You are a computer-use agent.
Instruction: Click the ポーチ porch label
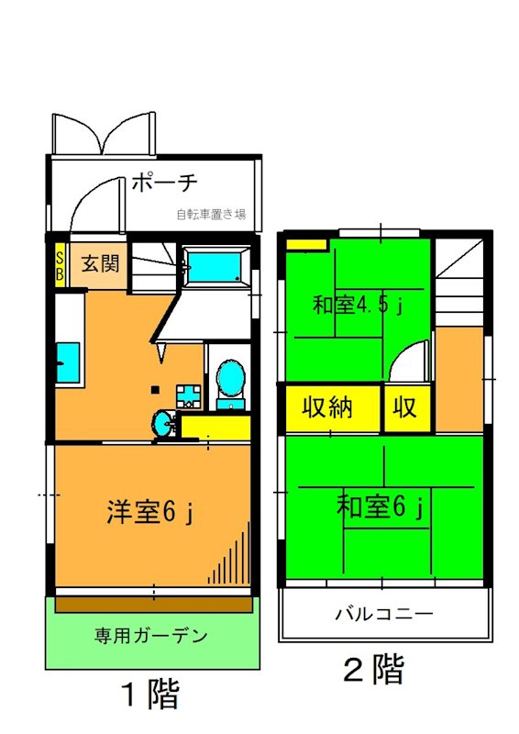coord(165,183)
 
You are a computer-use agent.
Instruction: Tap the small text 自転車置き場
coord(212,215)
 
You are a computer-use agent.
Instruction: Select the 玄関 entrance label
coord(100,265)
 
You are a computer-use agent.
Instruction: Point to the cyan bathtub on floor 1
coord(215,267)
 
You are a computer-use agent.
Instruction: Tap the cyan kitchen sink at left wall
coord(66,361)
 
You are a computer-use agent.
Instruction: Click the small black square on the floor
coord(155,387)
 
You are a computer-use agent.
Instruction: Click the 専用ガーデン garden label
coord(151,635)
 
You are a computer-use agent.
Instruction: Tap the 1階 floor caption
coord(151,694)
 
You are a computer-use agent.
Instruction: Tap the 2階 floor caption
coord(373,670)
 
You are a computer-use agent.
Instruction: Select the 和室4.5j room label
coord(358,304)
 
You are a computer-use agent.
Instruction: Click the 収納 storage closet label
coord(328,407)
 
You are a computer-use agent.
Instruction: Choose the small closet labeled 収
coord(405,407)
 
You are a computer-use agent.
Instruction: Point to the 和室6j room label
coord(381,506)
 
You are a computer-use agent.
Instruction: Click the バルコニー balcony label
coord(384,614)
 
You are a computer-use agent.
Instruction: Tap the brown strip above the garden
coord(153,605)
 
